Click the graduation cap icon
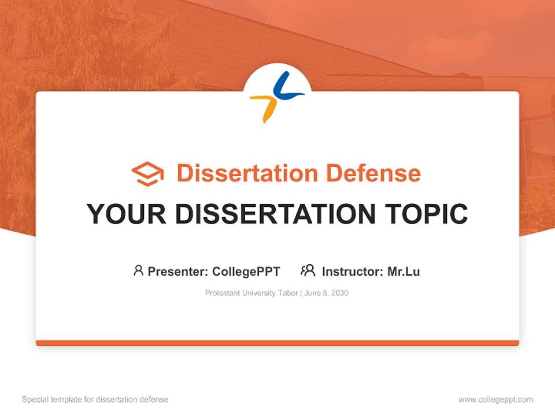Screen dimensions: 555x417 click(x=147, y=174)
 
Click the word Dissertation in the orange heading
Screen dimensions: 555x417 click(x=247, y=173)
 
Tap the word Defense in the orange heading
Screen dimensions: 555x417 click(x=373, y=173)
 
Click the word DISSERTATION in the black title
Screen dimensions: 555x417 click(x=275, y=214)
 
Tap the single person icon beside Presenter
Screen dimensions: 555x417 click(x=138, y=270)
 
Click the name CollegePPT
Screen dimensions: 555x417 click(x=246, y=272)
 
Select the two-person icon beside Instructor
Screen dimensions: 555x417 click(x=308, y=270)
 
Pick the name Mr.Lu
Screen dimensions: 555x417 click(x=404, y=272)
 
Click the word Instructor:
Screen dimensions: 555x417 click(x=353, y=272)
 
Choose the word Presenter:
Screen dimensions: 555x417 click(x=177, y=272)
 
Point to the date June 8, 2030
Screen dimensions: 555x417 click(x=326, y=293)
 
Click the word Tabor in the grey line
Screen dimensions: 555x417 click(x=288, y=293)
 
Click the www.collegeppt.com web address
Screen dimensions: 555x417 click(x=495, y=400)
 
